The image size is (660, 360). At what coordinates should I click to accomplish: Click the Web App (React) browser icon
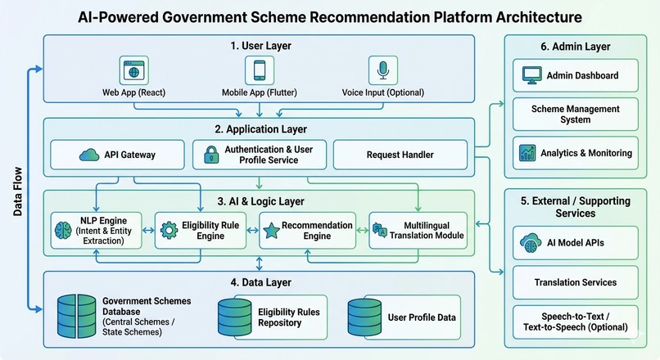coord(133,70)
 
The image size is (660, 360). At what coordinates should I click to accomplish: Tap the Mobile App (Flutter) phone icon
coord(260,70)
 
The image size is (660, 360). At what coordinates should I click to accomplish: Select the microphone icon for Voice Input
coord(382,70)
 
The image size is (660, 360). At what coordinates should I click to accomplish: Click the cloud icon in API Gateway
coord(89,155)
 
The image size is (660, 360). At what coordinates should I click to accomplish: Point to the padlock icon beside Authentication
coord(211,155)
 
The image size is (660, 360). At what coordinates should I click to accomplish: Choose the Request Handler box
coord(400,155)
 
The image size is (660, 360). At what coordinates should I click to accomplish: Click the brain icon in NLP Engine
coord(64,231)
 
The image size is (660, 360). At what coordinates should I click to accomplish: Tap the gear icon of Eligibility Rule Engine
coord(170,231)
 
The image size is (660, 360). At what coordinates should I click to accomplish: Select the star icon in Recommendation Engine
coord(272,231)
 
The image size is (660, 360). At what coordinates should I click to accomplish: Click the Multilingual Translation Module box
coord(418,231)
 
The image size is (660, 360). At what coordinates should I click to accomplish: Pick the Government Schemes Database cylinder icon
coord(77,317)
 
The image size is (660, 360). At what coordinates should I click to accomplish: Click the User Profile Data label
coord(422,317)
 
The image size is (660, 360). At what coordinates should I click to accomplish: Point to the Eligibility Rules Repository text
coord(289,317)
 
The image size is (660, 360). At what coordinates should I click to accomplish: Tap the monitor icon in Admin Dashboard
coord(531,76)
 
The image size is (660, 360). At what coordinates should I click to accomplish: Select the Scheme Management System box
coord(576,115)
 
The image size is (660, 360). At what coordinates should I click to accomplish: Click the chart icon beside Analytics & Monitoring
coord(527,153)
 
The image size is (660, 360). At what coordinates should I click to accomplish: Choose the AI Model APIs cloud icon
coord(531,243)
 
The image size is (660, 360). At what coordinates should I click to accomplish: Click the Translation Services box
coord(576,282)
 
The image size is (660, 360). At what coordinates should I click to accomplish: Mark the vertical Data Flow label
coord(18,191)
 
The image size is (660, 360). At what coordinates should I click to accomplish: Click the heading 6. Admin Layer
coord(576,47)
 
